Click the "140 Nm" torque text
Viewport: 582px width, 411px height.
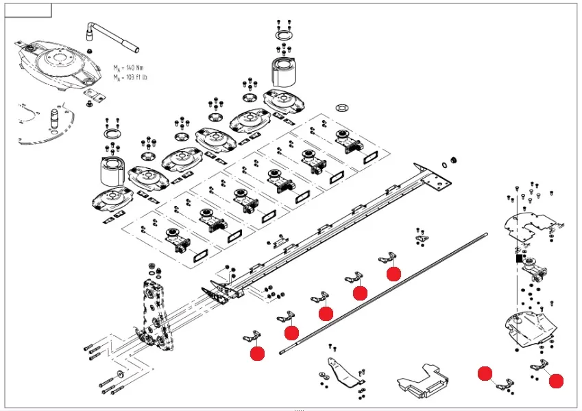[x=134, y=68]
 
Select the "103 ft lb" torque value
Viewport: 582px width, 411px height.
[x=136, y=78]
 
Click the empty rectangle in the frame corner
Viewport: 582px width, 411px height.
[x=28, y=10]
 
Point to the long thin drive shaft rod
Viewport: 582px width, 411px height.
[x=383, y=294]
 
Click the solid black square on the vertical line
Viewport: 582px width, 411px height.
[x=519, y=258]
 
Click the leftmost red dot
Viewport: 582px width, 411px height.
[x=257, y=353]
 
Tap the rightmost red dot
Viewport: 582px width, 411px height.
[x=556, y=381]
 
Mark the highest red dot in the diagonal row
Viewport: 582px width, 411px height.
[x=393, y=274]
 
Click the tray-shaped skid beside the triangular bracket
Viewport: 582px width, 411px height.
[x=422, y=381]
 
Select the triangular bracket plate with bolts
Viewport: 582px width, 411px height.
[x=343, y=373]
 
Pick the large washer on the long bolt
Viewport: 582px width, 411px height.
[x=120, y=374]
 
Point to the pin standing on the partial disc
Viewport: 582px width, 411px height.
[x=54, y=117]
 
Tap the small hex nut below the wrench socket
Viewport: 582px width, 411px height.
[x=89, y=51]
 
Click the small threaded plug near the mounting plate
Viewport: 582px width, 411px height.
[x=453, y=160]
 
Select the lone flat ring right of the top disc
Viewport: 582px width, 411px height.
[x=342, y=108]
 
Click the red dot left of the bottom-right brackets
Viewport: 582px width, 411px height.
[x=485, y=373]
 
